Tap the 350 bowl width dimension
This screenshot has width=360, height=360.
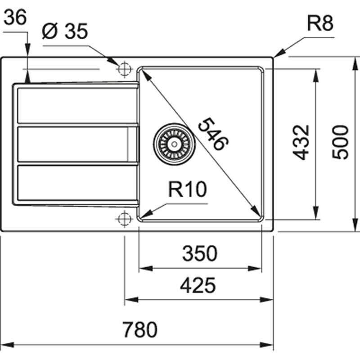[200, 254]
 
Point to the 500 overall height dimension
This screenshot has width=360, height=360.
[341, 142]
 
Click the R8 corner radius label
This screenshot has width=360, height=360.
[320, 24]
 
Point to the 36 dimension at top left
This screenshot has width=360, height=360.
[16, 18]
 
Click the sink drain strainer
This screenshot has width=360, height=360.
[174, 144]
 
